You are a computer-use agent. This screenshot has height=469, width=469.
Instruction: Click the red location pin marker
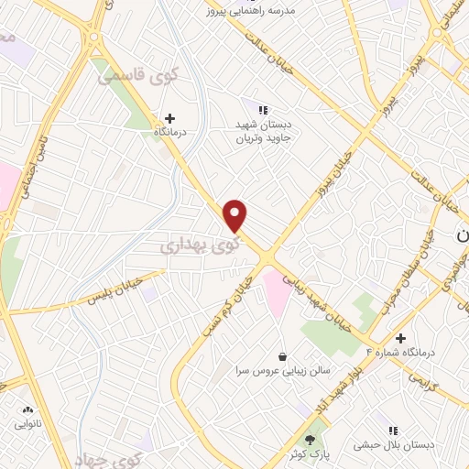tap(236, 216)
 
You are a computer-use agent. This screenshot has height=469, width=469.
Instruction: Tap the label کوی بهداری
tap(199, 245)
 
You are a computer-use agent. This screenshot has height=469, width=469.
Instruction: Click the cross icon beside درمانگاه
tap(169, 117)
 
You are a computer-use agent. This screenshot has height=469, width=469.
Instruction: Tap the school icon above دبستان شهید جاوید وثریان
tap(263, 110)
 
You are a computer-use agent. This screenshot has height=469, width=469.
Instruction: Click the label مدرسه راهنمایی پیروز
tap(253, 9)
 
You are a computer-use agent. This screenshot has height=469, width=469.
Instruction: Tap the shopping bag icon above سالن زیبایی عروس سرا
tap(282, 355)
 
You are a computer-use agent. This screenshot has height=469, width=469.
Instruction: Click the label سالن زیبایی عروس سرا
tap(283, 372)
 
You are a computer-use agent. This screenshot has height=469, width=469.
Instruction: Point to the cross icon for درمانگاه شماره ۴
tap(400, 337)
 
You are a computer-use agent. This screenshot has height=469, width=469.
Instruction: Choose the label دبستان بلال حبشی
tap(393, 445)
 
